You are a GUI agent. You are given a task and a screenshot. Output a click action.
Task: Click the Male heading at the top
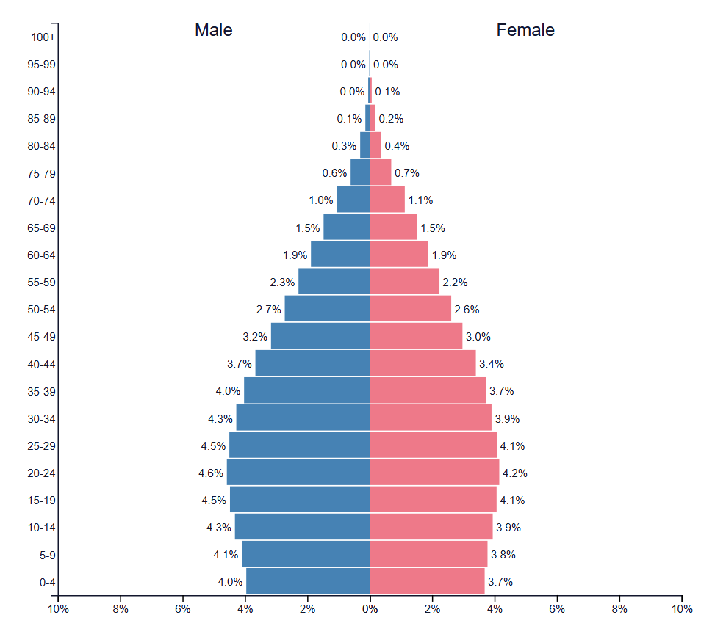213,30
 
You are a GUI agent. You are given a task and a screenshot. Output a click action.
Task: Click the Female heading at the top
525,30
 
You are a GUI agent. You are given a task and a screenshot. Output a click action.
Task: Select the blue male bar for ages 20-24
298,473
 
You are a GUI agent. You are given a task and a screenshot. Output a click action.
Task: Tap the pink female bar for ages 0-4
427,582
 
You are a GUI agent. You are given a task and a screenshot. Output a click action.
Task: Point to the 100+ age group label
43,37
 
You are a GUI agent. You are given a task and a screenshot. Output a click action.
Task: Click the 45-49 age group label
41,337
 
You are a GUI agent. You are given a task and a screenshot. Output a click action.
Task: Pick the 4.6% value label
210,473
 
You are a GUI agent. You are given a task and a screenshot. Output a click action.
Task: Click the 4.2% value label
514,473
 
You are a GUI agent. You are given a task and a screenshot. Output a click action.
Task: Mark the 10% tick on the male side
58,609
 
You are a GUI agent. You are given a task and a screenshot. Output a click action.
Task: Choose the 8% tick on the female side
619,609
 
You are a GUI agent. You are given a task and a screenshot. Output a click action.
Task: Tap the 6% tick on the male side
183,609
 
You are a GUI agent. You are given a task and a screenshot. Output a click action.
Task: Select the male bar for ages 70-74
353,200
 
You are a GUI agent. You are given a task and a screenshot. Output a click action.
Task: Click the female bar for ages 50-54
410,309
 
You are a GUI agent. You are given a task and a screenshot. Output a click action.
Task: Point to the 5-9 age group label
47,556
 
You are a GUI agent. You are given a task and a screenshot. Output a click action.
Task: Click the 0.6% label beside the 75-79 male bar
334,173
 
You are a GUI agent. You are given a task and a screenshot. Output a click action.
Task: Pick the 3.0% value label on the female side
478,337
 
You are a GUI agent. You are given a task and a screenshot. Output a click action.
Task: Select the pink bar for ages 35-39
428,391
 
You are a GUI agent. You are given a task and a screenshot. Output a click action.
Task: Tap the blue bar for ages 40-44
312,364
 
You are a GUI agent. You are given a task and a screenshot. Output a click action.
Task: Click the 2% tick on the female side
432,609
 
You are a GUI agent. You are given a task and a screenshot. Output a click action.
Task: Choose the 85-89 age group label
41,119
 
